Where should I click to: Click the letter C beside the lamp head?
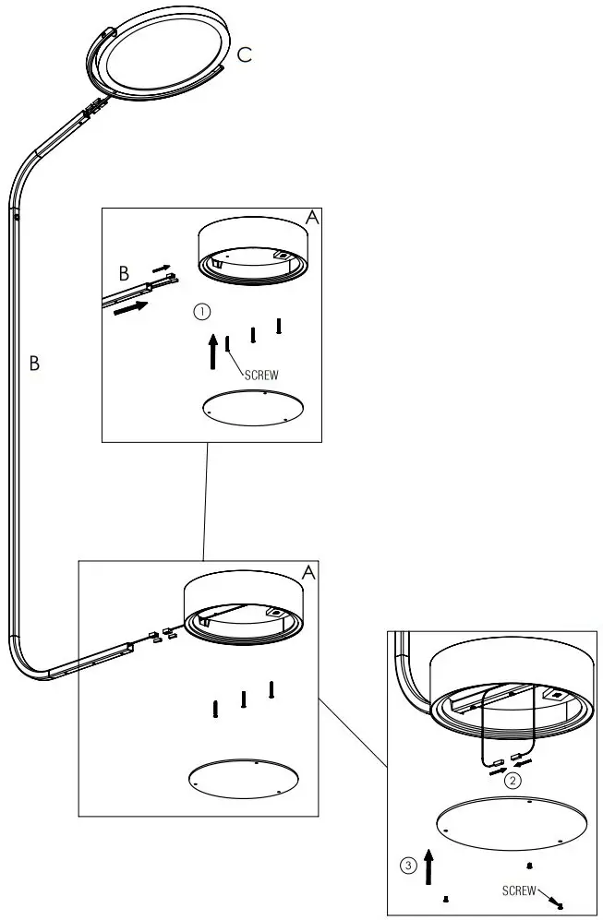(x=244, y=55)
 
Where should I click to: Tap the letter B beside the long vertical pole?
(x=34, y=363)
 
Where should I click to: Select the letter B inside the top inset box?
(x=123, y=273)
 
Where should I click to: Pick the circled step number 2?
(x=513, y=780)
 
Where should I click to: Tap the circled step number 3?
(x=407, y=866)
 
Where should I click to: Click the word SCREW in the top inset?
(x=261, y=375)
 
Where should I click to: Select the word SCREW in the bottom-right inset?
(x=519, y=890)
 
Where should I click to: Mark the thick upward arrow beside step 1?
(x=213, y=351)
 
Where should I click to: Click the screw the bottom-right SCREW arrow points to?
(x=560, y=906)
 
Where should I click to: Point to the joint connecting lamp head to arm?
(x=92, y=110)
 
